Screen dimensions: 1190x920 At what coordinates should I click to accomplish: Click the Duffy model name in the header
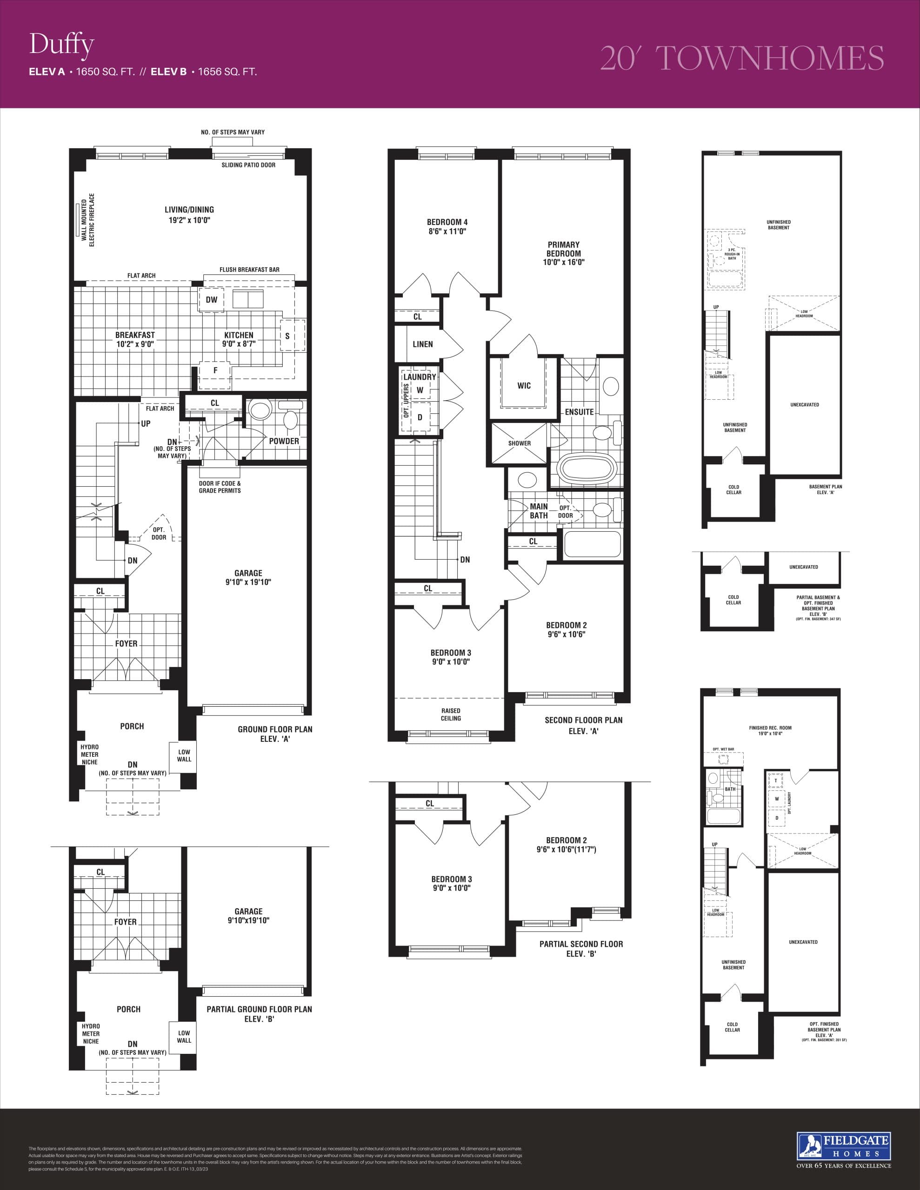pyautogui.click(x=61, y=45)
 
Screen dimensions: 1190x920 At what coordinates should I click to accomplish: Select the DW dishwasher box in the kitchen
pyautogui.click(x=212, y=300)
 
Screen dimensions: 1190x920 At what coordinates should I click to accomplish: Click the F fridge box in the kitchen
pyautogui.click(x=215, y=371)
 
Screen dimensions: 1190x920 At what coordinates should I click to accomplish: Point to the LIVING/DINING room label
pyautogui.click(x=189, y=215)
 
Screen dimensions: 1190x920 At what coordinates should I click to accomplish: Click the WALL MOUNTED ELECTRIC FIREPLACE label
pyautogui.click(x=88, y=220)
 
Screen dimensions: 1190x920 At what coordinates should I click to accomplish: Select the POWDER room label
pyautogui.click(x=284, y=441)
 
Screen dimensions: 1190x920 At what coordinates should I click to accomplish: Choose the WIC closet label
pyautogui.click(x=524, y=386)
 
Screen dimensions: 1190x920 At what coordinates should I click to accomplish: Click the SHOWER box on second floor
pyautogui.click(x=519, y=443)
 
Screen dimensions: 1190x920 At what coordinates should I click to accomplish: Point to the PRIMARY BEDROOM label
pyautogui.click(x=563, y=253)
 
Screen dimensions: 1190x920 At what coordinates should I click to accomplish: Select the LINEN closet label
pyautogui.click(x=423, y=344)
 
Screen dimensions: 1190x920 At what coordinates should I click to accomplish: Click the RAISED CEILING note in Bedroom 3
pyautogui.click(x=450, y=714)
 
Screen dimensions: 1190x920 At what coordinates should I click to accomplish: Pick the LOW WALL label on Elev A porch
pyautogui.click(x=184, y=756)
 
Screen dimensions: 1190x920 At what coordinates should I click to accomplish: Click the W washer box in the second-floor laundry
pyautogui.click(x=420, y=390)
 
